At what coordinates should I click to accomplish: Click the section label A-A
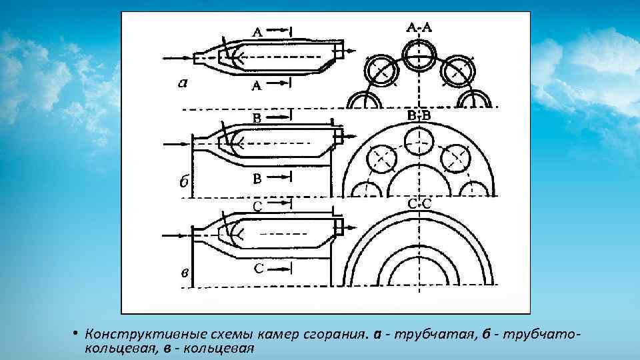419,27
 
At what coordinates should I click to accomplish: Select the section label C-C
419,202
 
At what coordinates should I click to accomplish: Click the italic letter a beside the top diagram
182,83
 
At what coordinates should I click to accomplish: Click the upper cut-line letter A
257,31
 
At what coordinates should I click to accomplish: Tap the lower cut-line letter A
257,86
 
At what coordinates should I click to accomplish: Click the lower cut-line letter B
257,178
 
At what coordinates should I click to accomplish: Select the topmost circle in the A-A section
419,51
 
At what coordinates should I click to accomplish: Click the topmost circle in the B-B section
419,140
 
